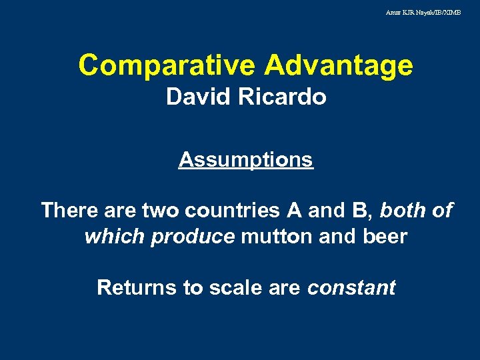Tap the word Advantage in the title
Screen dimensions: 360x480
point(339,65)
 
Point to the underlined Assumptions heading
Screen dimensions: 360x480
point(245,160)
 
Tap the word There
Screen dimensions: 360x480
point(69,211)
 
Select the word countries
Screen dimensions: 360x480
point(232,211)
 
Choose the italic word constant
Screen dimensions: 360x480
point(351,288)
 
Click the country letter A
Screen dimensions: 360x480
point(293,211)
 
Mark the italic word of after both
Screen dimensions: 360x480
point(442,211)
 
